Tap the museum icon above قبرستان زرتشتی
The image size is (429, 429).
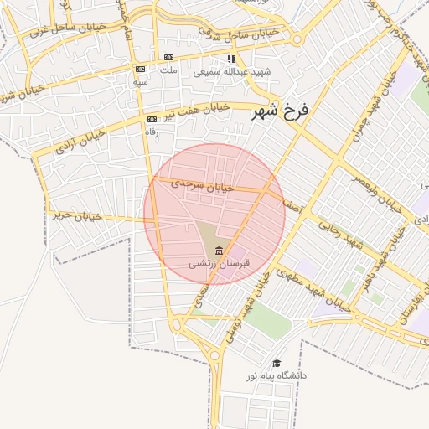(x=220, y=250)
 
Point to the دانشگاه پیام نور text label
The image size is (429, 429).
(x=276, y=376)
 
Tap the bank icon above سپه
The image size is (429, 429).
(x=141, y=70)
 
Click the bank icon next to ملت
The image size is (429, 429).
(x=169, y=57)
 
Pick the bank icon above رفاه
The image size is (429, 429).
(x=152, y=119)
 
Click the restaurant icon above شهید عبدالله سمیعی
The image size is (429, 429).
(x=231, y=59)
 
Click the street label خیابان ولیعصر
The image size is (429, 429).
(x=370, y=192)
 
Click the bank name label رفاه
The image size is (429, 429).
(x=152, y=132)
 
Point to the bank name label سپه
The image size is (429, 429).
(x=141, y=82)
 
